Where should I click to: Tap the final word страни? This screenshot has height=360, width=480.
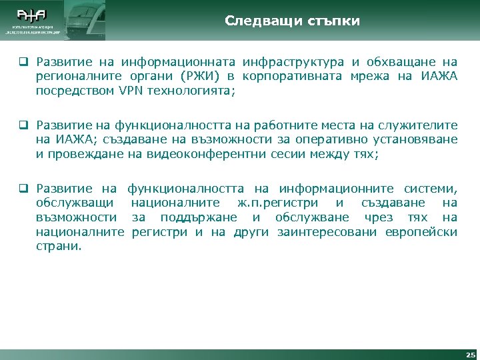59,246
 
